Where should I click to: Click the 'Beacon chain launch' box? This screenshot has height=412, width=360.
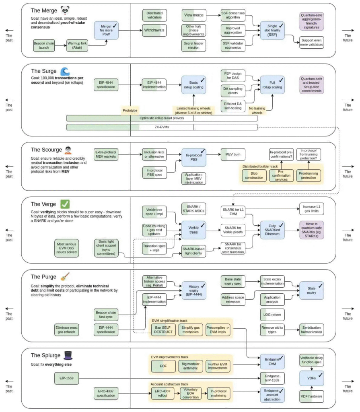click(44, 45)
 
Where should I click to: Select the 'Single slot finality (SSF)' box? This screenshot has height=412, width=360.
click(272, 30)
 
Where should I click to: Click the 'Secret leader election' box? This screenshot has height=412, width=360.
click(194, 45)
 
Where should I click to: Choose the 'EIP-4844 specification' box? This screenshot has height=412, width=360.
click(106, 84)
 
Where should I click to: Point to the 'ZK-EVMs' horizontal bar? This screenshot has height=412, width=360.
click(162, 127)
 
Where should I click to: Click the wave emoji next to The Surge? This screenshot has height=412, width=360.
click(65, 72)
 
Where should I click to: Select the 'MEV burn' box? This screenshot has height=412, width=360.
click(232, 154)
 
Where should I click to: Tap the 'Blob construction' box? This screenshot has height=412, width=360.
click(254, 175)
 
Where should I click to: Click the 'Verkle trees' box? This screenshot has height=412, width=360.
click(194, 230)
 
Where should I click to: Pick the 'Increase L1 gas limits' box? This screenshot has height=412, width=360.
click(311, 209)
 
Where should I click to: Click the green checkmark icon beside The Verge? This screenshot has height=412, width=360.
click(65, 204)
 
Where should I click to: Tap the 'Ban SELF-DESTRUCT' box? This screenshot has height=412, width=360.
click(163, 330)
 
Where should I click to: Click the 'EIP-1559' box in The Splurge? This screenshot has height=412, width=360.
click(67, 378)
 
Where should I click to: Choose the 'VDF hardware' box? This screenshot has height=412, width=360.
click(311, 396)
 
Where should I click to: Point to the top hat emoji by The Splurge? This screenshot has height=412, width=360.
click(67, 355)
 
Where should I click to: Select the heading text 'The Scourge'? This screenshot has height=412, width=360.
click(45, 150)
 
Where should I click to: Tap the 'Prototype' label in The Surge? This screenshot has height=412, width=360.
click(130, 109)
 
